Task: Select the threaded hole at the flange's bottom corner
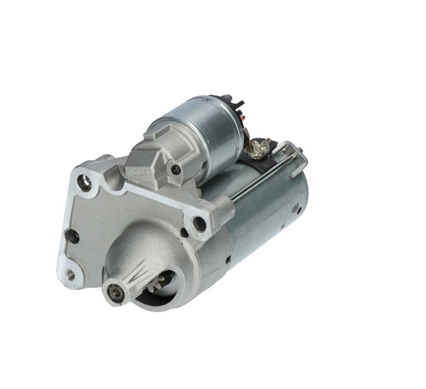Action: click(x=70, y=274)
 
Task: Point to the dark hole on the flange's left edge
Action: click(x=72, y=237)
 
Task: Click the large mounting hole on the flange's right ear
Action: click(x=199, y=224)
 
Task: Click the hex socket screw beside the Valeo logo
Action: click(x=176, y=170)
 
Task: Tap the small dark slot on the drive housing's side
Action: click(x=228, y=259)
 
